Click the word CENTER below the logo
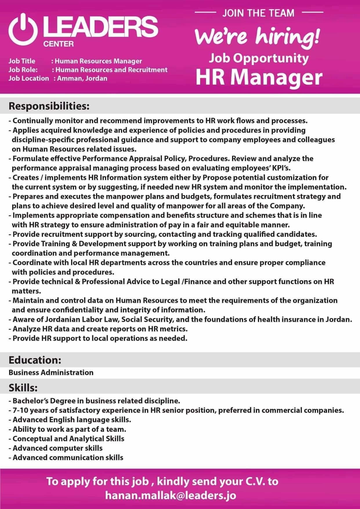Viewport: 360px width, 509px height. point(58,44)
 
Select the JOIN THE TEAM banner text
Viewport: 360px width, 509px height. point(258,13)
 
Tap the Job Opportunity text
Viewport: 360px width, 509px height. point(259,58)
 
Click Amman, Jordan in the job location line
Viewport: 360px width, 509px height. point(82,78)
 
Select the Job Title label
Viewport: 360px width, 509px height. point(22,61)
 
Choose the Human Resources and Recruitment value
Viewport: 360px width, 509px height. point(111,70)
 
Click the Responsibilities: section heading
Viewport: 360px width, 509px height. point(49,106)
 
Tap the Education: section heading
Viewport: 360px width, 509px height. point(35,360)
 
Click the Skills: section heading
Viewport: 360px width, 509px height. point(23,387)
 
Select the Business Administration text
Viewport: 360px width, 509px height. point(51,372)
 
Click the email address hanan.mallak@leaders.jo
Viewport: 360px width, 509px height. point(171,495)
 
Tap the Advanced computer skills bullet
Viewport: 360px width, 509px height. point(57,448)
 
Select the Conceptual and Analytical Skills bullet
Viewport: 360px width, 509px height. point(68,438)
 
